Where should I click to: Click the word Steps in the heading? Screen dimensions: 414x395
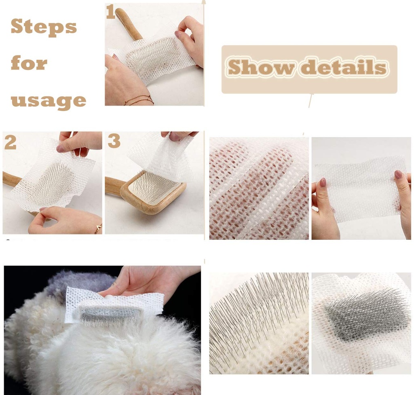(44, 27)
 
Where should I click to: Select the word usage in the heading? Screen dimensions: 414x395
(49, 101)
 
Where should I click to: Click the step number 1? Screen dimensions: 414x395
(110, 12)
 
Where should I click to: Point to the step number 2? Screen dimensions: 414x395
(10, 143)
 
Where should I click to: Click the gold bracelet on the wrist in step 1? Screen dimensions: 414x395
(139, 100)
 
